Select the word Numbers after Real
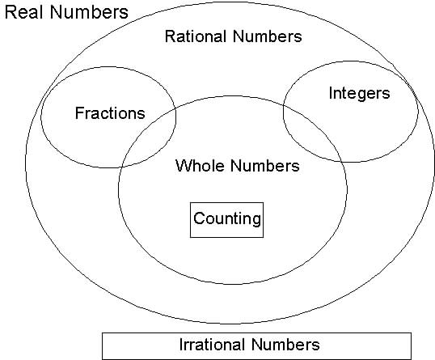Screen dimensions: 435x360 pyautogui.click(x=89, y=12)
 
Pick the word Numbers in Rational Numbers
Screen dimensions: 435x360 pyautogui.click(x=268, y=36)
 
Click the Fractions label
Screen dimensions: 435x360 pyautogui.click(x=110, y=113)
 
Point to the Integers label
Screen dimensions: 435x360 pyautogui.click(x=359, y=94)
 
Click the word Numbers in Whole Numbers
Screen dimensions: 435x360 pyautogui.click(x=265, y=165)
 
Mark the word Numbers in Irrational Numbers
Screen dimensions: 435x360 pyautogui.click(x=285, y=345)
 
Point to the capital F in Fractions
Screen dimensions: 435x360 pyautogui.click(x=79, y=113)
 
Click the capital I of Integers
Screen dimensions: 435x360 pyautogui.click(x=331, y=93)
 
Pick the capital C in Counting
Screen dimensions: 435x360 pyautogui.click(x=200, y=218)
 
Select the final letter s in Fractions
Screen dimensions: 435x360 pyautogui.click(x=141, y=115)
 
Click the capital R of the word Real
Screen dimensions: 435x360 pyautogui.click(x=11, y=12)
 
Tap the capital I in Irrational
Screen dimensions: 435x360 pyautogui.click(x=181, y=345)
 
